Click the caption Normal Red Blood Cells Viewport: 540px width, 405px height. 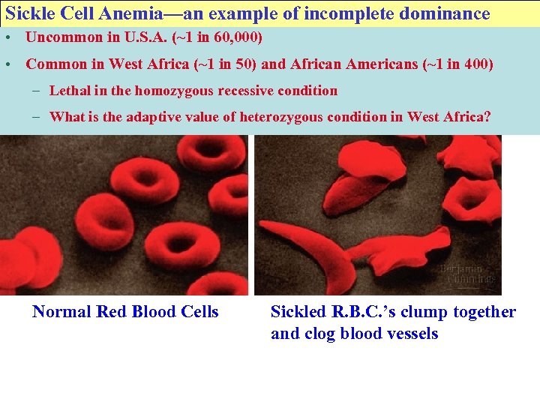(125, 312)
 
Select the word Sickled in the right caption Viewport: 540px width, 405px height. (298, 312)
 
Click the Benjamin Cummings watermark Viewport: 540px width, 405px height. (466, 273)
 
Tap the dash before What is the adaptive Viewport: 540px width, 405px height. (37, 116)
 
